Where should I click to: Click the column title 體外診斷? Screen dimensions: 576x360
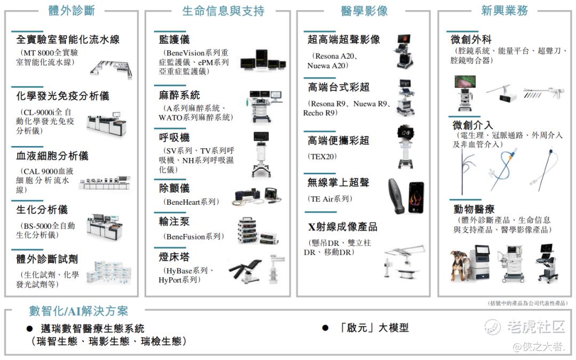(x=71, y=10)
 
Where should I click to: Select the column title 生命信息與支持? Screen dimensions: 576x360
(x=223, y=11)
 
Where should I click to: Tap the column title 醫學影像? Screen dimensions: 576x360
(x=364, y=11)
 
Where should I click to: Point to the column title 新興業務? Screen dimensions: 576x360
(x=505, y=11)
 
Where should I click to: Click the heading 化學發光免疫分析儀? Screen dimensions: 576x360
(x=63, y=96)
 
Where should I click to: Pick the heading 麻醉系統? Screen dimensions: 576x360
(x=179, y=95)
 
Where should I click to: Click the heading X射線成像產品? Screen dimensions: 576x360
(x=343, y=227)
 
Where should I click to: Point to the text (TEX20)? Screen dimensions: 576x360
(x=322, y=156)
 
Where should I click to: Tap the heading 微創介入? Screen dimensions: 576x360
(x=473, y=125)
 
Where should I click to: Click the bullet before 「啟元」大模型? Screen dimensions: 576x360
(x=325, y=327)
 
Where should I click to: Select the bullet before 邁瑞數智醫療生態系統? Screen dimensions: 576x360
(x=30, y=329)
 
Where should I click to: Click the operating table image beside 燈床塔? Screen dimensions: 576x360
(x=245, y=270)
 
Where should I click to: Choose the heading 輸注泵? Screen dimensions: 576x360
(x=174, y=221)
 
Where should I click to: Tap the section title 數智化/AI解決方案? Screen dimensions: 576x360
(x=78, y=311)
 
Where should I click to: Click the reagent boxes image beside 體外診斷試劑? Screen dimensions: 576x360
(x=109, y=273)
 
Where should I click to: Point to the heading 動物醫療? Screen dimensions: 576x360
(x=474, y=209)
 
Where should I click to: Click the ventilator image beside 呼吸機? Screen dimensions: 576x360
(x=261, y=154)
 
